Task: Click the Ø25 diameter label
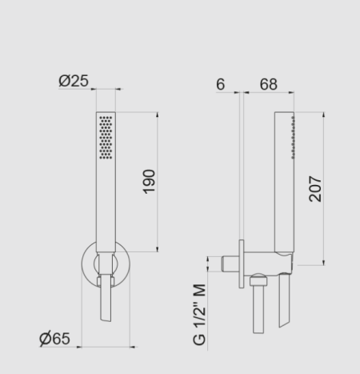pos(74,81)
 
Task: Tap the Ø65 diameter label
pos(54,339)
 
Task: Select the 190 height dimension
pos(149,182)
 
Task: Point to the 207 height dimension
pos(315,188)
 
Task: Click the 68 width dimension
pos(269,84)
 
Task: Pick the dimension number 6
pos(221,84)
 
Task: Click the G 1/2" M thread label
pos(199,315)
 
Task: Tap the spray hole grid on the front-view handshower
pos(106,138)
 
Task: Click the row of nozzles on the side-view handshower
pos(293,138)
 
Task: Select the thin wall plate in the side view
pos(242,263)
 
